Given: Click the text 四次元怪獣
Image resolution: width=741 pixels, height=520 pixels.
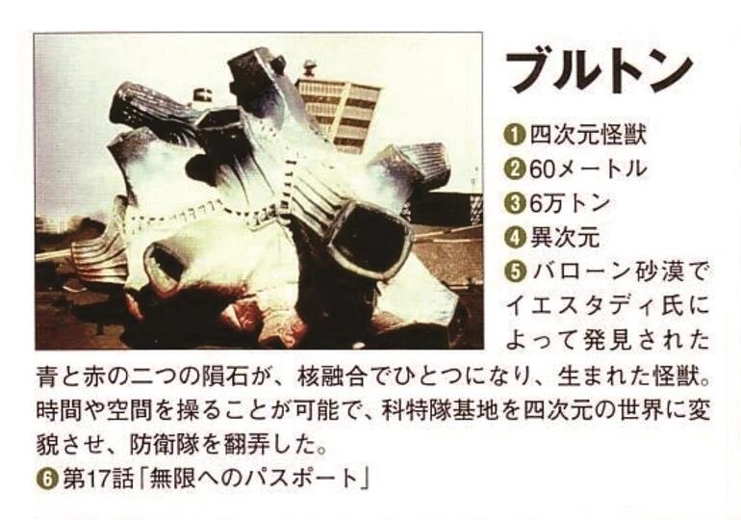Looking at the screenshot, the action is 587,135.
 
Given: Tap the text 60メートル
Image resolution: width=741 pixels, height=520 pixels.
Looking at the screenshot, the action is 587,169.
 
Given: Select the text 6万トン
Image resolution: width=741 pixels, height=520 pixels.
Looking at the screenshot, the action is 570,203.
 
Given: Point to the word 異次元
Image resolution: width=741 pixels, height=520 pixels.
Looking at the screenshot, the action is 565,237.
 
